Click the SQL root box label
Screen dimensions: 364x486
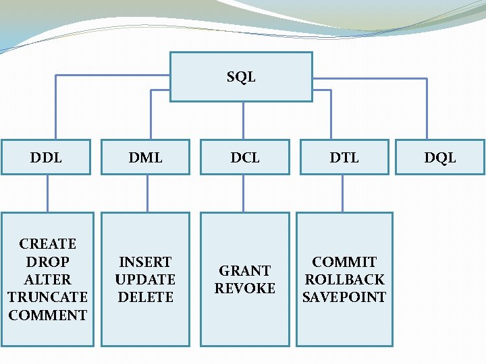click(x=241, y=77)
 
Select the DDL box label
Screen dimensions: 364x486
click(x=46, y=158)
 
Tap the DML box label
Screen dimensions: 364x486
click(x=146, y=158)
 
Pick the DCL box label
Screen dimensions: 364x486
click(x=245, y=158)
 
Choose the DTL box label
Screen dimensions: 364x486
click(x=344, y=158)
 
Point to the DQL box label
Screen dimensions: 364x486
click(x=440, y=158)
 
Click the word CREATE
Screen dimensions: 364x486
click(x=48, y=243)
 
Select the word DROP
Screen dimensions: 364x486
click(x=47, y=262)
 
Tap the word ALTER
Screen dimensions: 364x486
click(x=47, y=279)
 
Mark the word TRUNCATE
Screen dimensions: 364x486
click(x=47, y=297)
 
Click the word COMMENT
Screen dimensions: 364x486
click(x=47, y=315)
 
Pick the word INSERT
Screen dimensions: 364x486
click(x=145, y=262)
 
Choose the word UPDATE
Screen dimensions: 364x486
click(x=145, y=279)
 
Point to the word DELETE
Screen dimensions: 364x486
click(x=145, y=297)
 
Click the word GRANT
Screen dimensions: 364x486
click(x=245, y=270)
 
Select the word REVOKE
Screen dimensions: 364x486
click(x=245, y=288)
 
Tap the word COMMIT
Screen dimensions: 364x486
click(x=344, y=262)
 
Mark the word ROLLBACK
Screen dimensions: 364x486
click(x=344, y=279)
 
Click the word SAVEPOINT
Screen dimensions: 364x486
click(x=344, y=297)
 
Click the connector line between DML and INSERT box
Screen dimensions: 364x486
click(x=147, y=194)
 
